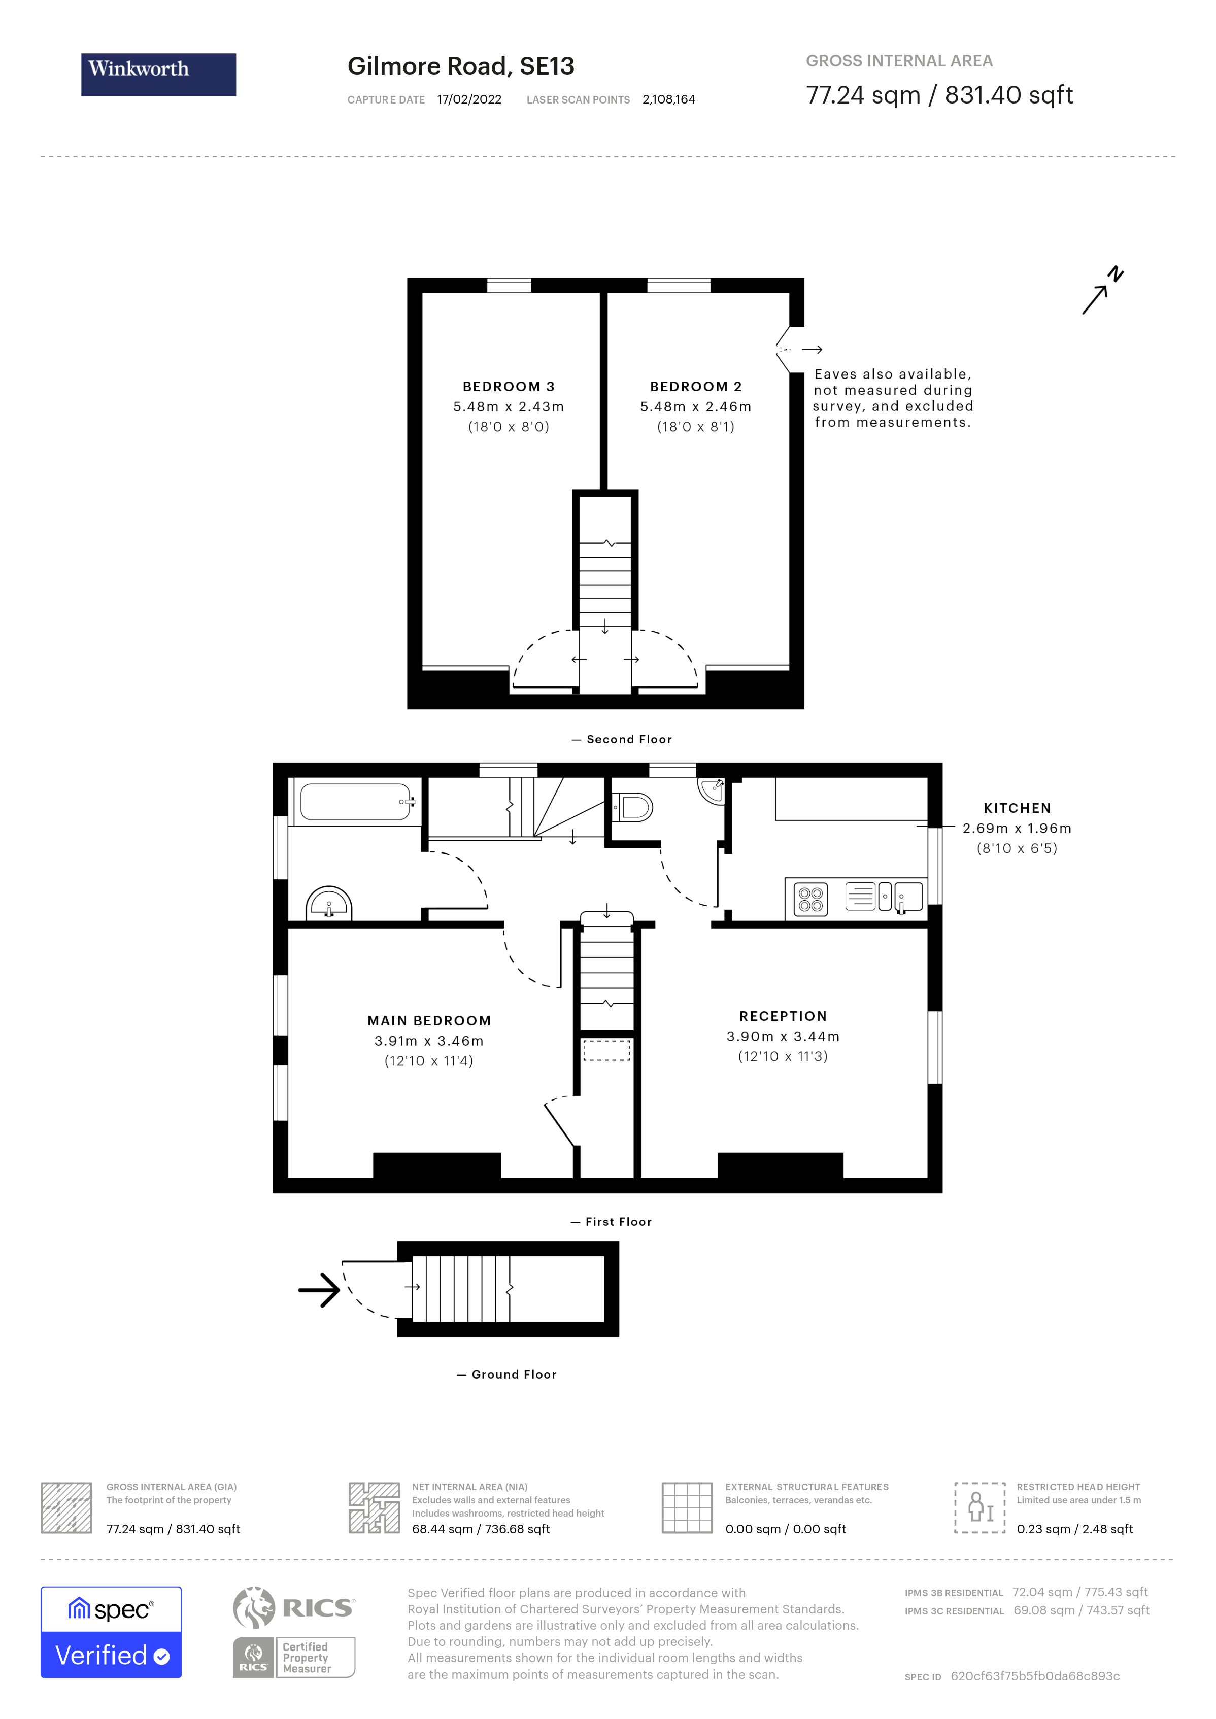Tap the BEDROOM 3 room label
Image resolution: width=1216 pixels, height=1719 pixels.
click(x=509, y=386)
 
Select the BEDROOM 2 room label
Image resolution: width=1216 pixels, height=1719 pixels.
click(x=696, y=386)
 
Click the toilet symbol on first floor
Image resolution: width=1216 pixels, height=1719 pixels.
click(x=633, y=807)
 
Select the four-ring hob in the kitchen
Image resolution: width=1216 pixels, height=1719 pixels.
click(x=811, y=899)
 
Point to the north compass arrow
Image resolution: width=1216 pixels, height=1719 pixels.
click(x=1102, y=291)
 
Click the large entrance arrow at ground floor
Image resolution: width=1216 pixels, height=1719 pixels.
click(x=320, y=1289)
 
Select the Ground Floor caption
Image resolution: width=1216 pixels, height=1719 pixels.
click(x=514, y=1374)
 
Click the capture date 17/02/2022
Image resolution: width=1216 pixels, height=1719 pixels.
click(x=469, y=99)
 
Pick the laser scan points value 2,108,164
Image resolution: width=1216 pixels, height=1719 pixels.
click(x=669, y=99)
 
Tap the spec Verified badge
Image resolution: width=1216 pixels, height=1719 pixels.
click(x=111, y=1633)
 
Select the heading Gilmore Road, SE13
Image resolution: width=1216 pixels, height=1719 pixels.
click(x=460, y=66)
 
